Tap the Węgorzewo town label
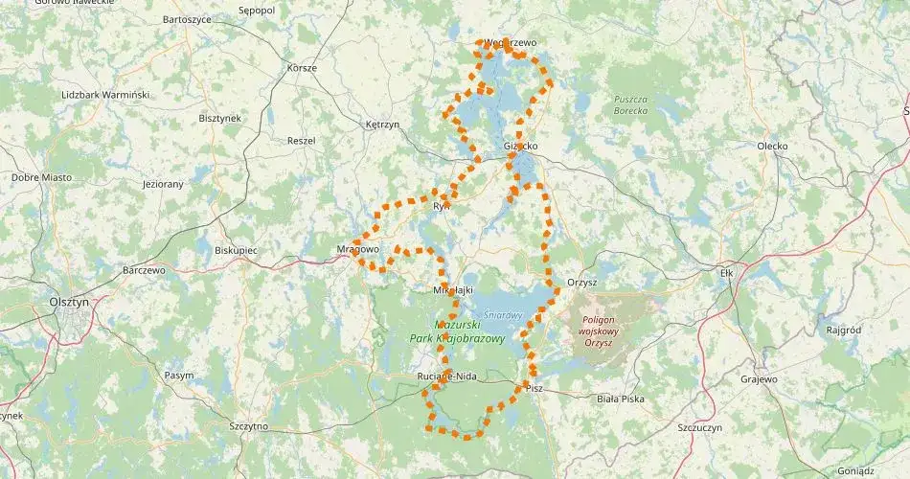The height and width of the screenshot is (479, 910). coord(511,43)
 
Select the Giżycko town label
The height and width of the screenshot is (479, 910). coord(520,147)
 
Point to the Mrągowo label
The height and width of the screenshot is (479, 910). coord(358,249)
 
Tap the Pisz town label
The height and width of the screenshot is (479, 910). coord(534,388)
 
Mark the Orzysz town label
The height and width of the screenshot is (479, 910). coord(581,283)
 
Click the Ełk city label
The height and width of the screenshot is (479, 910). coord(725,272)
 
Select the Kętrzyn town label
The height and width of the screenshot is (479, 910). coord(382,125)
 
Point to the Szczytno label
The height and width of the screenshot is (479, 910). coord(249,426)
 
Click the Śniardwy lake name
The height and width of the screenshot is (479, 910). coord(502,314)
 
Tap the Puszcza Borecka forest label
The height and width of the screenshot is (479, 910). coord(631,104)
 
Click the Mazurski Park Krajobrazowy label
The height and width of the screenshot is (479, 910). coord(469,331)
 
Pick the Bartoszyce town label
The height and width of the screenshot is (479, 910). coord(187,18)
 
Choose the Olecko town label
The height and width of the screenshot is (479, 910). coord(772,146)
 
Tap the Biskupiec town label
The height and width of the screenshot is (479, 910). coord(237,249)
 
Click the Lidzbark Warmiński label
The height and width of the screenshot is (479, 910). coord(105,95)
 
